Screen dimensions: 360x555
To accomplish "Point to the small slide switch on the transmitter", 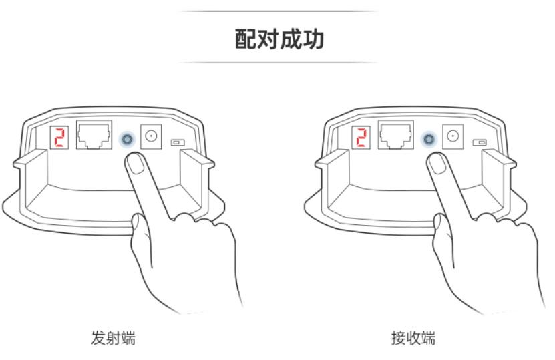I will (178, 142).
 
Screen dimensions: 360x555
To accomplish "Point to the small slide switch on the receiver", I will (479, 142).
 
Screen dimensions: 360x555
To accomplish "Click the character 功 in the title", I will (313, 39).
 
